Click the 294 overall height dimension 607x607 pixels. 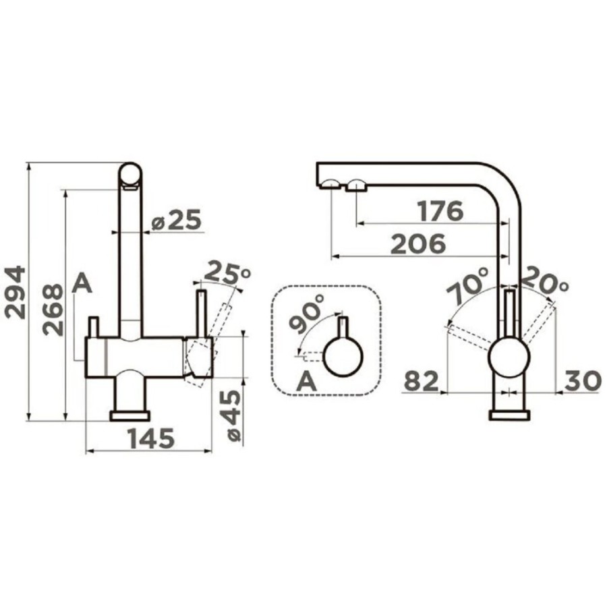(16, 292)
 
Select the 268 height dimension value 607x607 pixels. (53, 310)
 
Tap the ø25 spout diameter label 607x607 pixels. (177, 221)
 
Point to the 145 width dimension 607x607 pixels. (151, 438)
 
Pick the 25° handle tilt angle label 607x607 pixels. (227, 272)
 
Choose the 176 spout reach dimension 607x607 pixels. (440, 211)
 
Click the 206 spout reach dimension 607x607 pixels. (418, 244)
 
